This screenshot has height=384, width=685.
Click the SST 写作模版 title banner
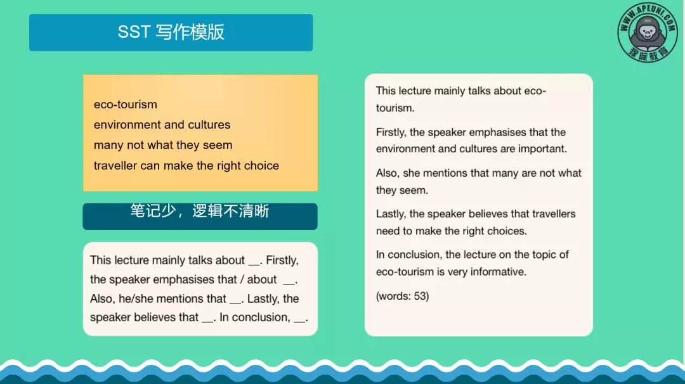(171, 32)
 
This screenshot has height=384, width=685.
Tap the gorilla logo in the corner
(648, 32)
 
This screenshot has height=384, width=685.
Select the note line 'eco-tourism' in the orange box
(125, 105)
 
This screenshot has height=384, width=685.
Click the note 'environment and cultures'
(162, 125)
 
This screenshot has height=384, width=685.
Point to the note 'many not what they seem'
(163, 145)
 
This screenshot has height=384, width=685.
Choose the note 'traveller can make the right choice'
(186, 165)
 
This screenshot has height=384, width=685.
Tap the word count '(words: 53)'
(402, 296)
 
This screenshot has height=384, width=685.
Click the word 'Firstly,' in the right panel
(391, 132)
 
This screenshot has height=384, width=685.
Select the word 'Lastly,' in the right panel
(391, 214)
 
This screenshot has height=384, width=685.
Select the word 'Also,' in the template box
(102, 298)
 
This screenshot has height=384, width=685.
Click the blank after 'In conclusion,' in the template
(300, 318)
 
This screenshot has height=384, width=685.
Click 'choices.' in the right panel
(506, 231)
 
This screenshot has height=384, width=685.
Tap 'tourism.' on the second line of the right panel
(395, 108)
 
